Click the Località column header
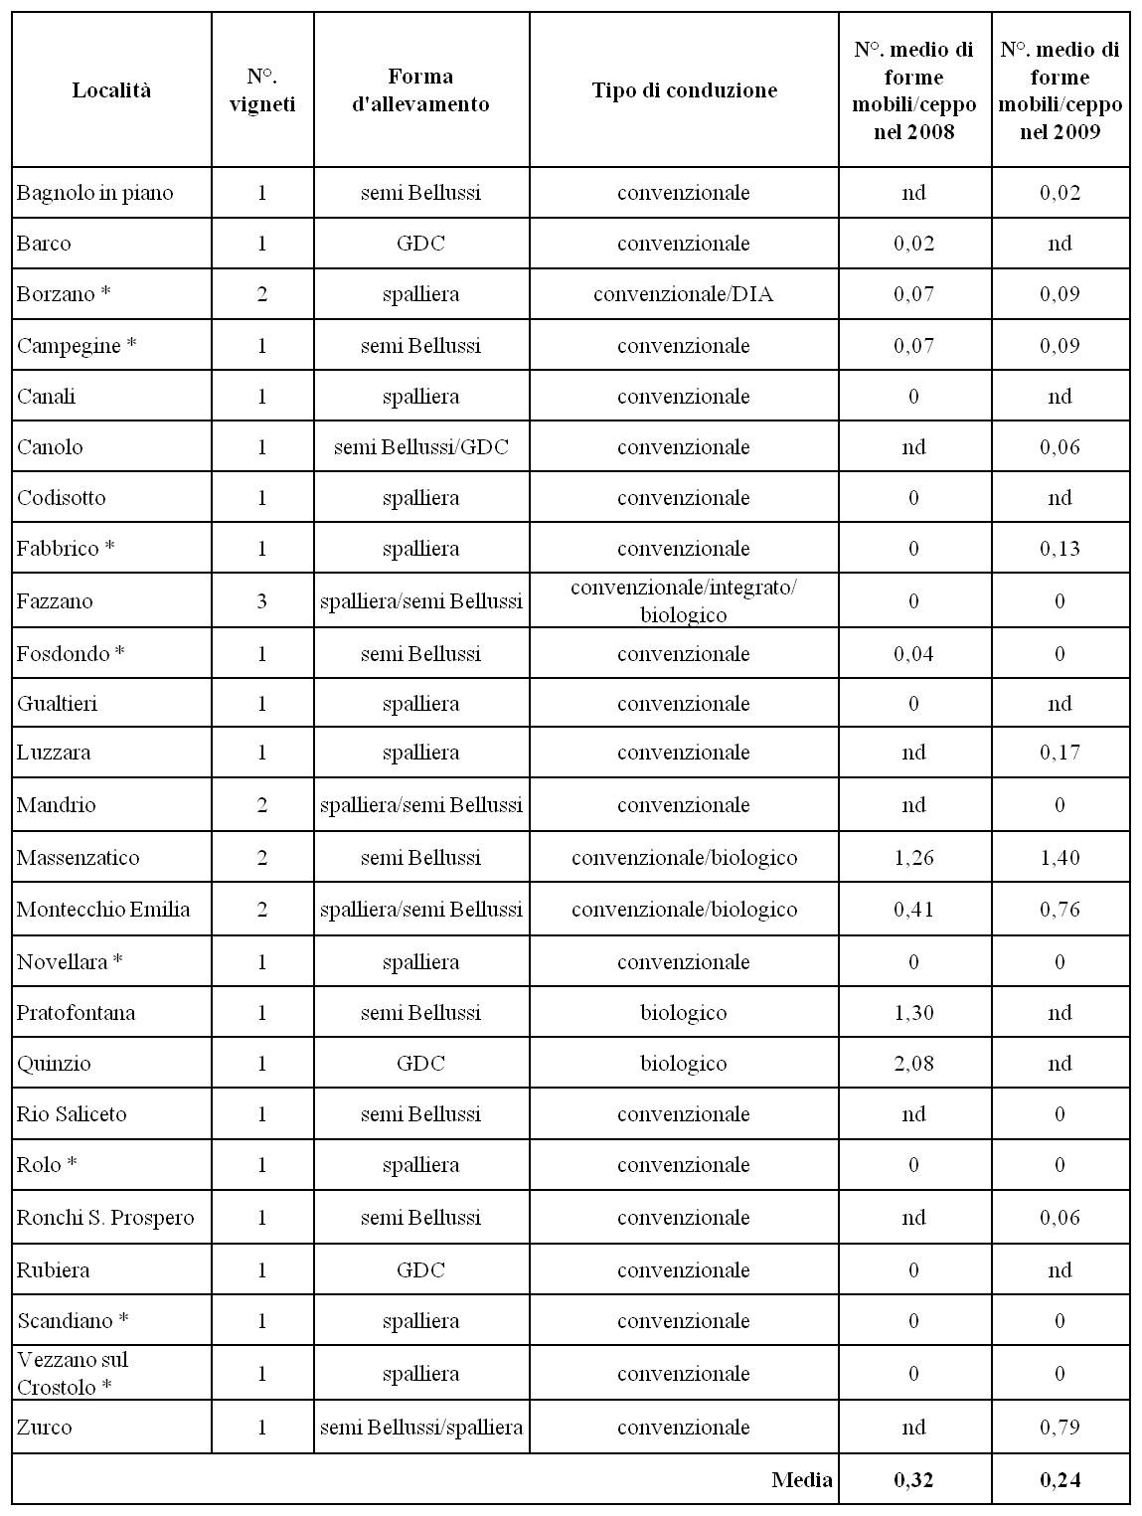click(x=111, y=90)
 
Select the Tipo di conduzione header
click(x=684, y=90)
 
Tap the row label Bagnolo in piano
click(x=94, y=193)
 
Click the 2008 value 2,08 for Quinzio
click(x=913, y=1064)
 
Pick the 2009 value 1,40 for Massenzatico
click(x=1060, y=858)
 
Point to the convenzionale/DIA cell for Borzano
click(x=684, y=294)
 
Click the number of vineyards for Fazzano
click(x=262, y=601)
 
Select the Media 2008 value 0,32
click(x=913, y=1480)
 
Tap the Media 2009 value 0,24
click(x=1060, y=1480)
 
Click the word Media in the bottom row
click(x=801, y=1480)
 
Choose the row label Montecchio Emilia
click(x=103, y=910)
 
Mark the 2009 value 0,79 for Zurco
click(x=1060, y=1428)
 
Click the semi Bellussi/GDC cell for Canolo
click(x=420, y=447)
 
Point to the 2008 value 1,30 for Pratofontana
click(x=913, y=1013)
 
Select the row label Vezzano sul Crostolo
click(x=73, y=1373)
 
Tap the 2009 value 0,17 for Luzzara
click(x=1060, y=753)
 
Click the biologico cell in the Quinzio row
click(x=684, y=1064)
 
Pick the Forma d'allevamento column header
click(x=420, y=90)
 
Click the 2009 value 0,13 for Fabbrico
click(x=1060, y=549)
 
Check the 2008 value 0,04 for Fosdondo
click(x=913, y=654)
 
